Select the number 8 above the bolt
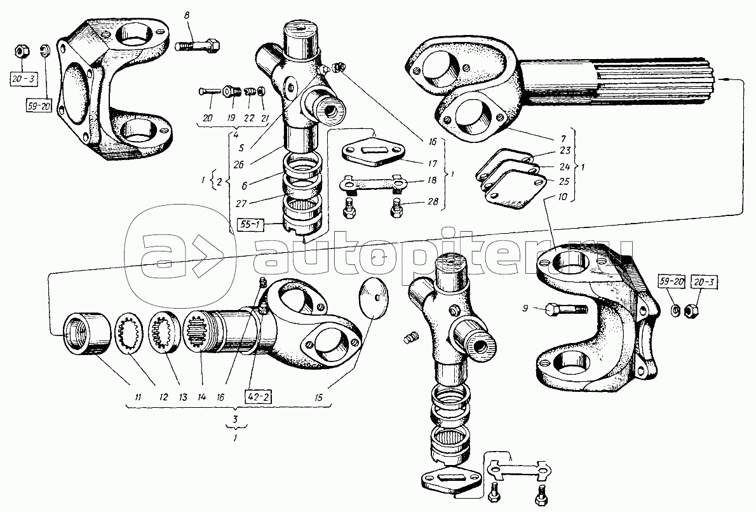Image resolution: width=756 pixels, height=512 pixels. click(x=187, y=16)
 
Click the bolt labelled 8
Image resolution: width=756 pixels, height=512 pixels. click(x=198, y=46)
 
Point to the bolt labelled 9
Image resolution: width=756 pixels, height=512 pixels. click(x=566, y=309)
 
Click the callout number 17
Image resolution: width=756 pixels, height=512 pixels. click(x=432, y=164)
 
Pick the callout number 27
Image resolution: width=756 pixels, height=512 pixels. click(x=240, y=203)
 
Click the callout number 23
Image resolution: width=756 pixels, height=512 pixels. click(x=565, y=151)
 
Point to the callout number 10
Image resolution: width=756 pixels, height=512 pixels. click(x=563, y=197)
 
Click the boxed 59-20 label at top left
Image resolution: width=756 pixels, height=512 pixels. click(x=39, y=107)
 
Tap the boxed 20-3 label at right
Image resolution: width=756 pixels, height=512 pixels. click(x=705, y=282)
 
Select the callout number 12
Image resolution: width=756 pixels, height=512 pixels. click(x=164, y=397)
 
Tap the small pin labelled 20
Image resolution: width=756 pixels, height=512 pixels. click(x=209, y=91)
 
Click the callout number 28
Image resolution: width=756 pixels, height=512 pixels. click(x=433, y=201)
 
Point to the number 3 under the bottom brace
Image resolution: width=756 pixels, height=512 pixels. click(x=235, y=417)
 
